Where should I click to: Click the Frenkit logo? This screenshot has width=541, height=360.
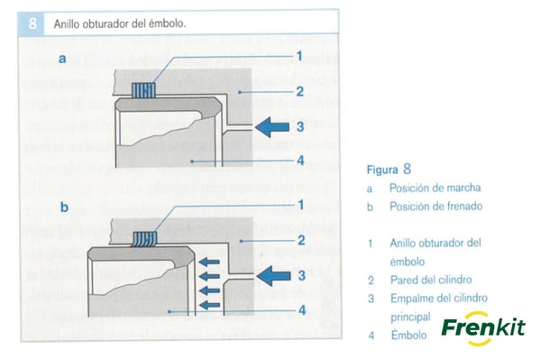pyautogui.click(x=483, y=328)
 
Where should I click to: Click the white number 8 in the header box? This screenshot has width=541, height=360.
pyautogui.click(x=32, y=23)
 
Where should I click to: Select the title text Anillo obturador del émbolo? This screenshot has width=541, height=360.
pyautogui.click(x=120, y=23)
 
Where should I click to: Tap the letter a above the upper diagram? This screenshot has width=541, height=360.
pyautogui.click(x=62, y=59)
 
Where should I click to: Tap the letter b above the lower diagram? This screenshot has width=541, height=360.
pyautogui.click(x=64, y=208)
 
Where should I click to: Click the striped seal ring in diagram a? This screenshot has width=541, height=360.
pyautogui.click(x=143, y=90)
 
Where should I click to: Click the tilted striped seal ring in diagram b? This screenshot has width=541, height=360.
pyautogui.click(x=144, y=239)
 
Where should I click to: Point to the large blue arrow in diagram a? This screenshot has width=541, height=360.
pyautogui.click(x=272, y=126)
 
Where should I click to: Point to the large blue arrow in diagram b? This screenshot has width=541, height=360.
pyautogui.click(x=273, y=276)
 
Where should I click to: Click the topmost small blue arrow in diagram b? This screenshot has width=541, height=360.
pyautogui.click(x=209, y=262)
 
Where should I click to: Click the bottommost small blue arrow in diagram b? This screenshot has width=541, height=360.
pyautogui.click(x=209, y=305)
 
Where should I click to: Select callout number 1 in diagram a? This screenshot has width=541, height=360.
pyautogui.click(x=299, y=56)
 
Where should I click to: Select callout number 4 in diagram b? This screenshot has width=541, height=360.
pyautogui.click(x=302, y=310)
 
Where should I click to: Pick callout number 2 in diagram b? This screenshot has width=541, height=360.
pyautogui.click(x=301, y=241)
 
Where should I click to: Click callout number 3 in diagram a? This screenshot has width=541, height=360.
pyautogui.click(x=300, y=126)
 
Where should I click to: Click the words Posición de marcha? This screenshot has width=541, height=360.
pyautogui.click(x=436, y=188)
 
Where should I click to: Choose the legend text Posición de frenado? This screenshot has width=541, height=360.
pyautogui.click(x=436, y=207)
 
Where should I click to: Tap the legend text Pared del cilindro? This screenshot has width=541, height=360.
pyautogui.click(x=431, y=280)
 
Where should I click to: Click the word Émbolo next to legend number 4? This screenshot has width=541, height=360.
pyautogui.click(x=408, y=335)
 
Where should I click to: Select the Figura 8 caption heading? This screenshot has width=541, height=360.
pyautogui.click(x=389, y=170)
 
